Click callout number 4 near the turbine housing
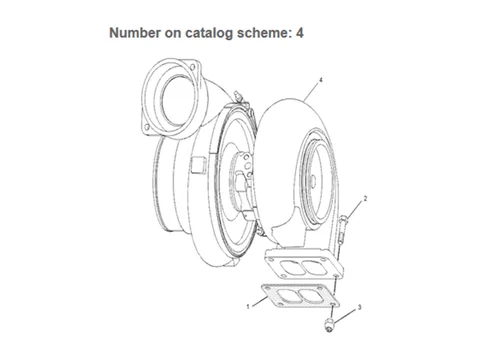(320, 78)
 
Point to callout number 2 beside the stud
(366, 199)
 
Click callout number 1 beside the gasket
(247, 304)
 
